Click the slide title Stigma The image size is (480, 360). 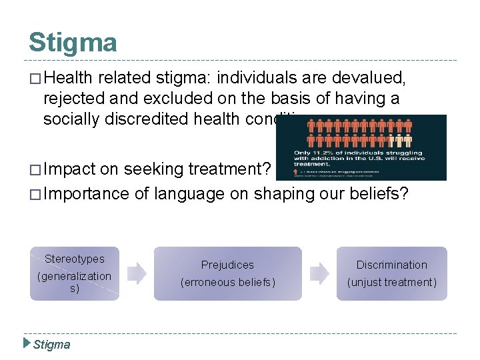(73, 43)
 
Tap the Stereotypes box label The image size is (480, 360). (75, 259)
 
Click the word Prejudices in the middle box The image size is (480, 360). (227, 265)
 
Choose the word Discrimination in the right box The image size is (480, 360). (391, 265)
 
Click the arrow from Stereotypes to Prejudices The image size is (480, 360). (137, 273)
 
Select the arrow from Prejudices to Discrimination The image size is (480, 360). (319, 273)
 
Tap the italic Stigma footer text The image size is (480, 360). (51, 344)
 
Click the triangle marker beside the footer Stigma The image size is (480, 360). (27, 343)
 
